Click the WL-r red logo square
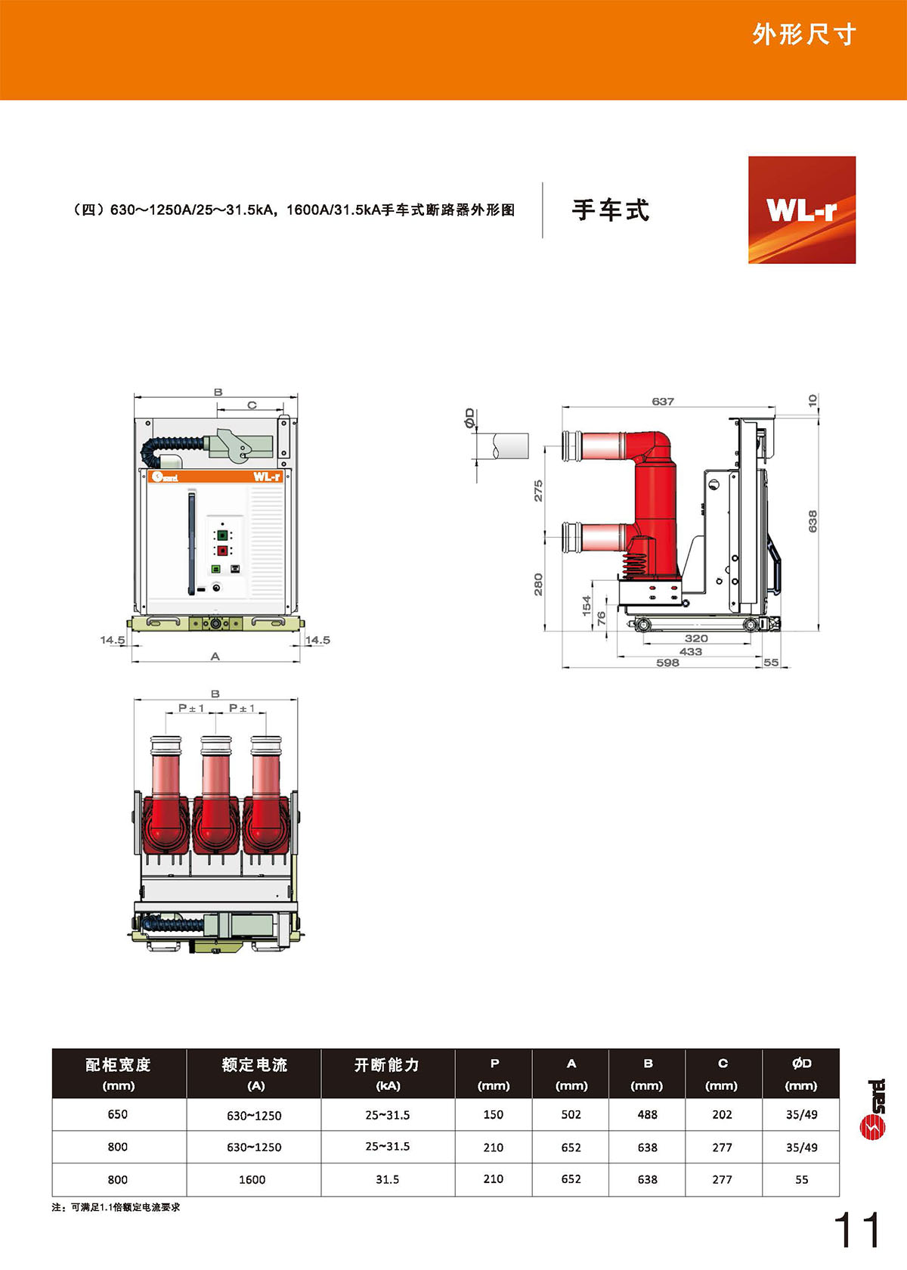click(x=802, y=210)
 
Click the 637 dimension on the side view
click(x=663, y=402)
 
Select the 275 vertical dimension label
click(x=538, y=491)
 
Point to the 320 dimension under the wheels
click(x=696, y=638)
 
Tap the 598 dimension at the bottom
click(x=667, y=663)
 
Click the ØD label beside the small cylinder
click(x=469, y=418)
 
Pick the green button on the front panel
click(x=223, y=535)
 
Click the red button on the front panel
click(x=223, y=551)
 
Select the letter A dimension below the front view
click(x=215, y=657)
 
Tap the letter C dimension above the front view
click(x=252, y=405)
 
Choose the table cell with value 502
click(x=571, y=1115)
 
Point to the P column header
click(x=494, y=1074)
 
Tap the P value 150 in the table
click(x=494, y=1115)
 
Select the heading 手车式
click(x=610, y=210)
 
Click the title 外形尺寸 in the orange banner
click(x=804, y=35)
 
